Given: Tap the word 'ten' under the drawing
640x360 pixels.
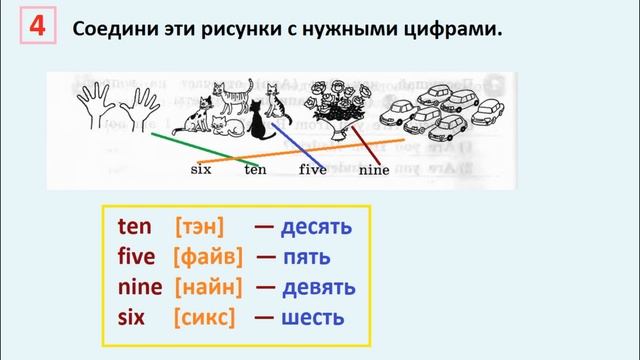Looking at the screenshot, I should (255, 170).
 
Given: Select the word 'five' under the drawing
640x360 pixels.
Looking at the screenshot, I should (312, 170).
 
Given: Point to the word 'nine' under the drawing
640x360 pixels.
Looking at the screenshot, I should (372, 170).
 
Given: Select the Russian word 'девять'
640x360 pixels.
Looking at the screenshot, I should (318, 288).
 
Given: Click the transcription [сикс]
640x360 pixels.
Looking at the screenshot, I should (204, 319).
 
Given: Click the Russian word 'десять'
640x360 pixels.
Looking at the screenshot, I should (316, 227).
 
